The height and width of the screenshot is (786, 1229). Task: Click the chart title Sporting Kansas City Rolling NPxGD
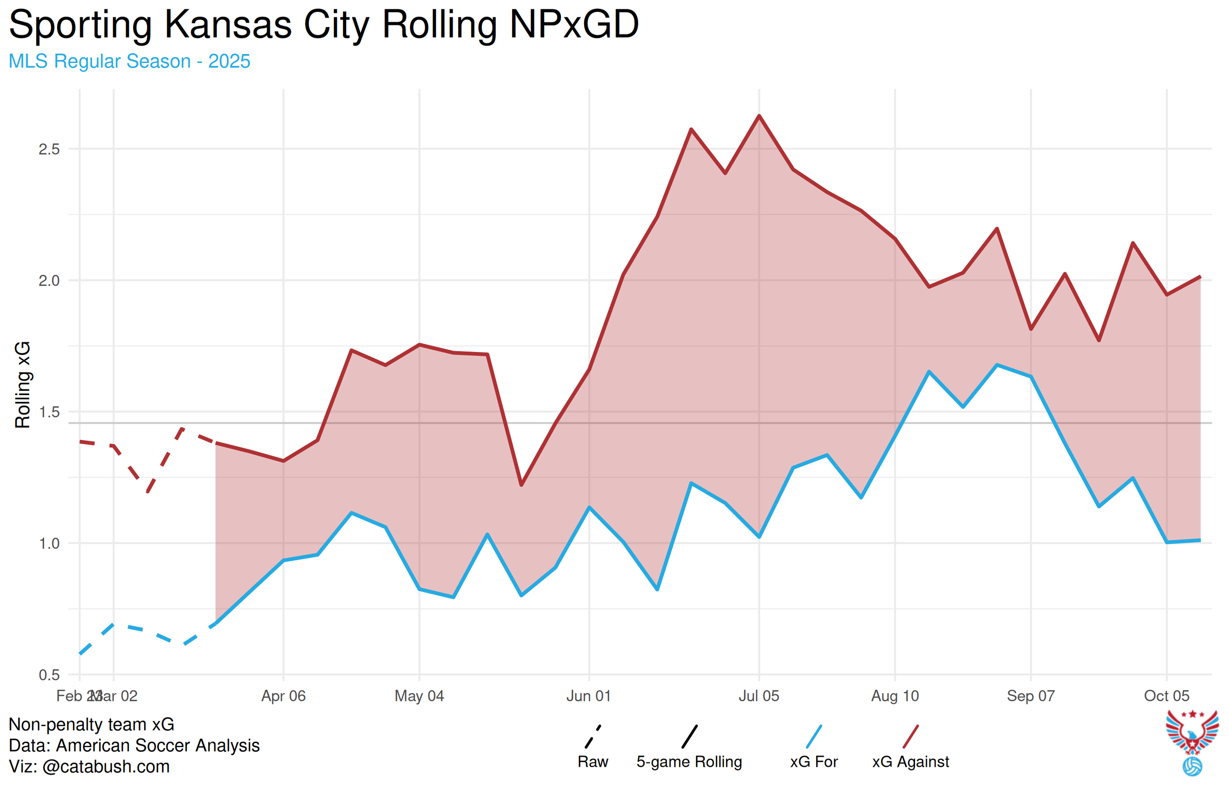pos(323,25)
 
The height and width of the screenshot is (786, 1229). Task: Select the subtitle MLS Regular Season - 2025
pos(129,61)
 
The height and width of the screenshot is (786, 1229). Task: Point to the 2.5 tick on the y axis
pos(49,149)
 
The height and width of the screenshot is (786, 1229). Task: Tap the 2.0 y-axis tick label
pos(49,281)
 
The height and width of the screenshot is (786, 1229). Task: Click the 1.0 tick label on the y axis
pos(49,544)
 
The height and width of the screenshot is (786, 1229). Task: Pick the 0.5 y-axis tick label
pos(49,675)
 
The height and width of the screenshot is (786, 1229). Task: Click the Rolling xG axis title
pos(23,385)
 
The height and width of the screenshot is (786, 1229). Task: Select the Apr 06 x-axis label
pos(283,696)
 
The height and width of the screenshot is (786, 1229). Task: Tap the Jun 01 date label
pos(588,696)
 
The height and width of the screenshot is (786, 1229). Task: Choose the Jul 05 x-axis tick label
pos(759,696)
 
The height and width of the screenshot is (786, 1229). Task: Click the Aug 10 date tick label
pos(895,696)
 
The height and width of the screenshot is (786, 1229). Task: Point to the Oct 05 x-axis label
pos(1166,696)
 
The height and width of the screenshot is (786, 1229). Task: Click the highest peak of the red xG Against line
pos(759,116)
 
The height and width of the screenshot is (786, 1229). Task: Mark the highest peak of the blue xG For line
pos(997,365)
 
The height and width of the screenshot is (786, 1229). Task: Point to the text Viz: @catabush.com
pos(89,767)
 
